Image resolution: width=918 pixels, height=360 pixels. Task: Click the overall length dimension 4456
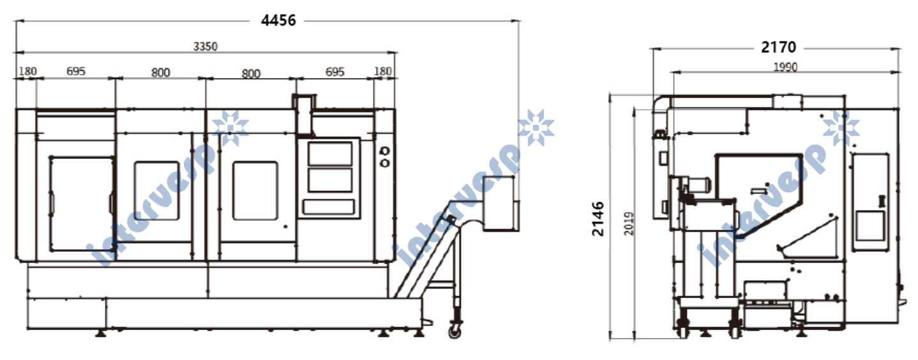[x=278, y=20]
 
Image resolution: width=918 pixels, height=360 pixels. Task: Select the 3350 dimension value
[x=206, y=47]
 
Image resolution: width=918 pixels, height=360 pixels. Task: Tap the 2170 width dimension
[x=778, y=47]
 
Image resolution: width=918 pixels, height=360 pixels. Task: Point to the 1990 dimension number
[x=785, y=67]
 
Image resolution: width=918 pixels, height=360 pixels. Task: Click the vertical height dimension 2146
[x=598, y=219]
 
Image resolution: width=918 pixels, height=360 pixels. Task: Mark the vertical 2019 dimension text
[x=629, y=223]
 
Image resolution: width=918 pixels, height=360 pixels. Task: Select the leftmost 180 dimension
[x=27, y=71]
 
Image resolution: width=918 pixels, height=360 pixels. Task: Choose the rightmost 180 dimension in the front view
[x=383, y=71]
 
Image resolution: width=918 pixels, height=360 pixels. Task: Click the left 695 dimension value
[x=76, y=71]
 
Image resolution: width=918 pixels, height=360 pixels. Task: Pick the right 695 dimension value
[x=335, y=72]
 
